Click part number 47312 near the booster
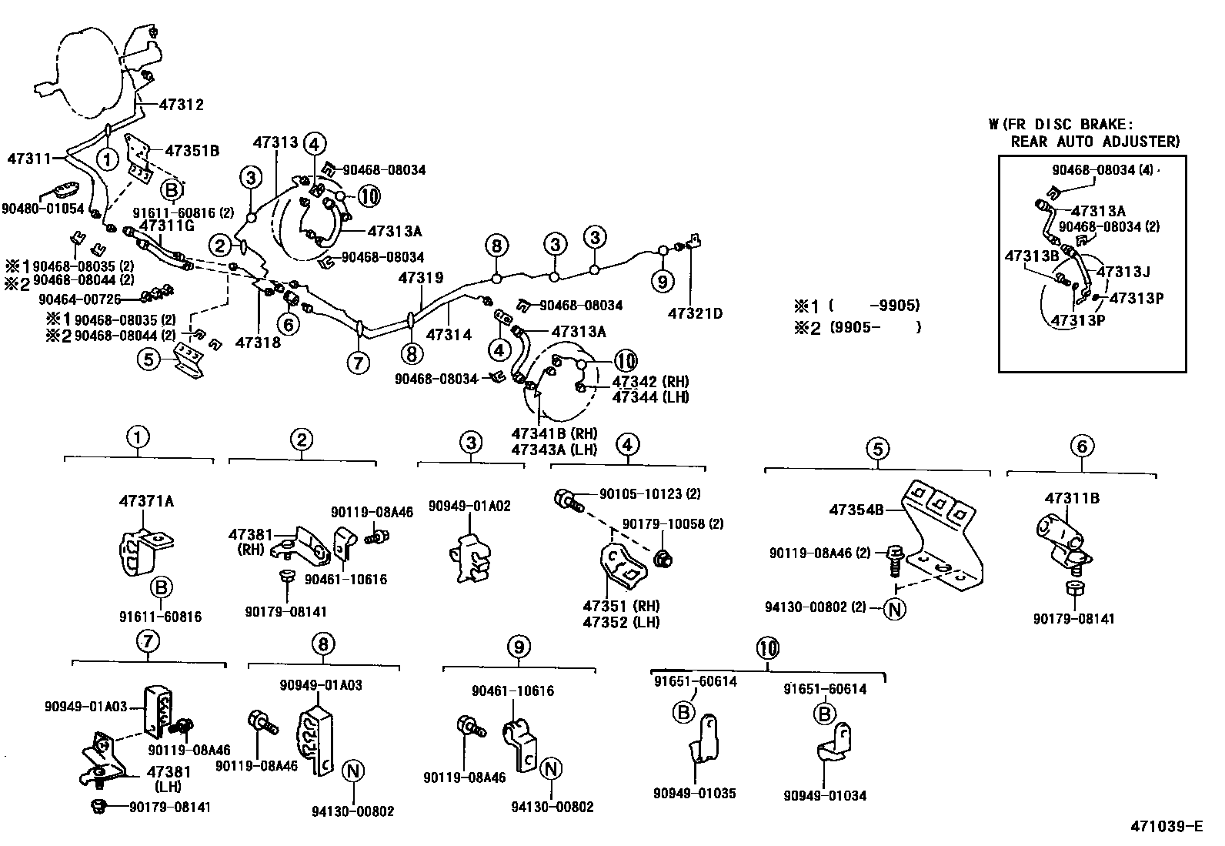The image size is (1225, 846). point(182,105)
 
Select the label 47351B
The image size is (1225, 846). point(192,151)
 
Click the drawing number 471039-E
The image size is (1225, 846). point(1166,827)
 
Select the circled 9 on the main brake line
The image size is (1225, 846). point(662,282)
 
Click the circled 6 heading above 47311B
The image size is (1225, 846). point(1081,446)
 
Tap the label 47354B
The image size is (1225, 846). point(856,510)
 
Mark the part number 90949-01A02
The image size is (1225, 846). point(469,506)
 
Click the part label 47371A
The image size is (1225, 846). point(146,501)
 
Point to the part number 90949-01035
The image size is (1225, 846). point(695,794)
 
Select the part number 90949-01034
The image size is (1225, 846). point(825,795)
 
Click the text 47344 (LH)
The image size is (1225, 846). point(650,397)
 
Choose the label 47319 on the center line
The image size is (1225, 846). point(421,278)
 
